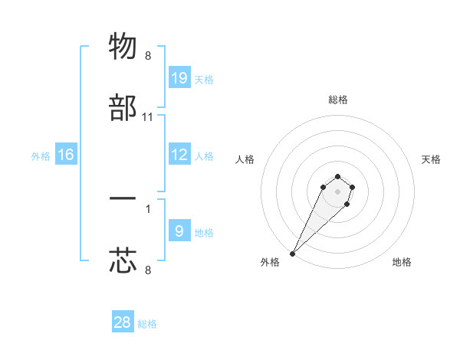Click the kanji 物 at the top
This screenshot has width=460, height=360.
[123, 46]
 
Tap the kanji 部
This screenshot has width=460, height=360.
[123, 109]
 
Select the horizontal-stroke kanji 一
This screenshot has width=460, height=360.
[123, 198]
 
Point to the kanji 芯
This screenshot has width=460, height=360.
[123, 260]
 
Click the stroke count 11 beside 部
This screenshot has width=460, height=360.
[148, 117]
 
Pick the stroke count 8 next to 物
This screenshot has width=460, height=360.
[148, 56]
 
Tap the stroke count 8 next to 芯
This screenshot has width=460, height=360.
[148, 269]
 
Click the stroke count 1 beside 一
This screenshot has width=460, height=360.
[148, 208]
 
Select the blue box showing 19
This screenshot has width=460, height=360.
[179, 78]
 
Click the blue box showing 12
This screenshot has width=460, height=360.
[179, 155]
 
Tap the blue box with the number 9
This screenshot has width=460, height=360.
[179, 231]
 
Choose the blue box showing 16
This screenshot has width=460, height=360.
[66, 155]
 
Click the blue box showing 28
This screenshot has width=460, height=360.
[123, 322]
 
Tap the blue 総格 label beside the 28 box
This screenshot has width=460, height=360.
[147, 324]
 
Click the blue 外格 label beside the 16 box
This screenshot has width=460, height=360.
[41, 156]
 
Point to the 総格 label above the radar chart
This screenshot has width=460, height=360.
[338, 100]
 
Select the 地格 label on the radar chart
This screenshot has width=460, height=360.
[402, 263]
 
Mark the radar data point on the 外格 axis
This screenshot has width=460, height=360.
[292, 254]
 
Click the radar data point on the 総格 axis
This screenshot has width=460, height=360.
[337, 176]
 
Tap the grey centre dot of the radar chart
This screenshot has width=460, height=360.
[337, 191]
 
